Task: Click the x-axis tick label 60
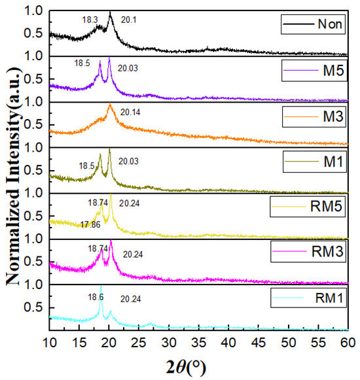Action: click(x=348, y=342)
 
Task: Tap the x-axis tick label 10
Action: click(x=50, y=342)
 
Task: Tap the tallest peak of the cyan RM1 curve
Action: click(x=101, y=287)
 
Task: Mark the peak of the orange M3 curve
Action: click(x=110, y=105)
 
